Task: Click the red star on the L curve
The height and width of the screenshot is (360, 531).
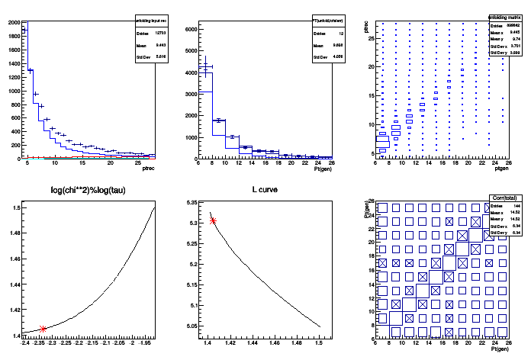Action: pos(213,221)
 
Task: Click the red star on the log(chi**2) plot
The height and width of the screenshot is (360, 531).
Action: pos(43,329)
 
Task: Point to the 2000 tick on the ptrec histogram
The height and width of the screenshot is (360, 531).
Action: pos(14,23)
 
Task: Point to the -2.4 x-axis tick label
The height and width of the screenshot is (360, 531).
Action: pos(25,343)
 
